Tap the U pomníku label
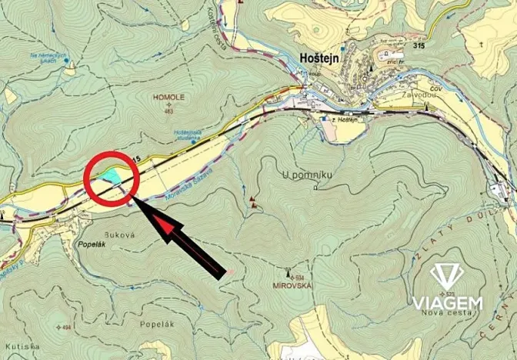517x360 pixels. (x=307, y=175)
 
